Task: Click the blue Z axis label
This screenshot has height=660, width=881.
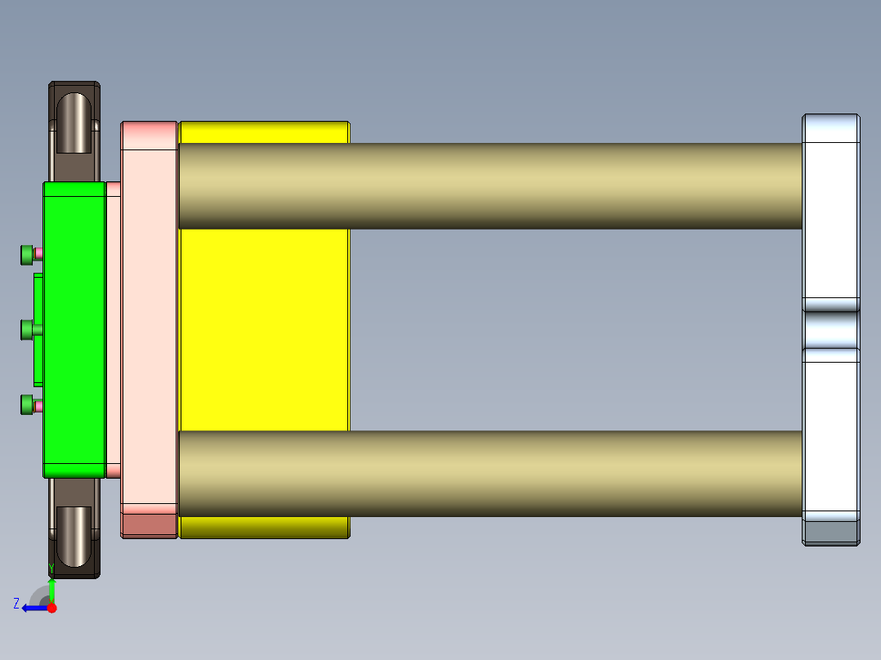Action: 16,604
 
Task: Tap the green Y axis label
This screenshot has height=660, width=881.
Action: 51,568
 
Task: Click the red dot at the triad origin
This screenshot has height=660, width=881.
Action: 51,608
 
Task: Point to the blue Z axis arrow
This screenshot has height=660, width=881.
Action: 33,608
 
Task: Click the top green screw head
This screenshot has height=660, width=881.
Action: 27,255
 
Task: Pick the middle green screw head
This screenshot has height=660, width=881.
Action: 27,330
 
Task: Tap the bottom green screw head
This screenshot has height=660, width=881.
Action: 27,404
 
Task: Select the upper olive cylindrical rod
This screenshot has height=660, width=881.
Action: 490,186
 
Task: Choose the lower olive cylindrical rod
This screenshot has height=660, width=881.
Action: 490,474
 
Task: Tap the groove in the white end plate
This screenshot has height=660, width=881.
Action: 831,329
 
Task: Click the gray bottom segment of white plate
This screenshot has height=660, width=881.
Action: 831,533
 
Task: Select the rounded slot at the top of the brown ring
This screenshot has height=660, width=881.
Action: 74,123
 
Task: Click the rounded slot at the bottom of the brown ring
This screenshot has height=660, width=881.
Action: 74,536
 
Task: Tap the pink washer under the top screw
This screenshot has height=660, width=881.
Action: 38,255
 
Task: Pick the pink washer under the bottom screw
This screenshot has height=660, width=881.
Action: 38,405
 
